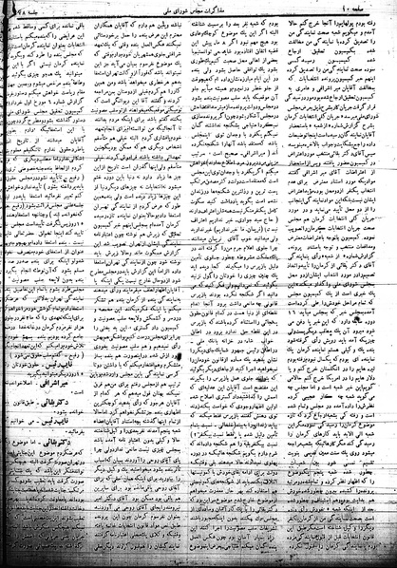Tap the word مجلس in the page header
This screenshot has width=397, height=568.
tap(211, 9)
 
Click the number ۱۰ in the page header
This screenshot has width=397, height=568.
tap(365, 9)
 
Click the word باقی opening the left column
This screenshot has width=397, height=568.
tap(118, 21)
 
